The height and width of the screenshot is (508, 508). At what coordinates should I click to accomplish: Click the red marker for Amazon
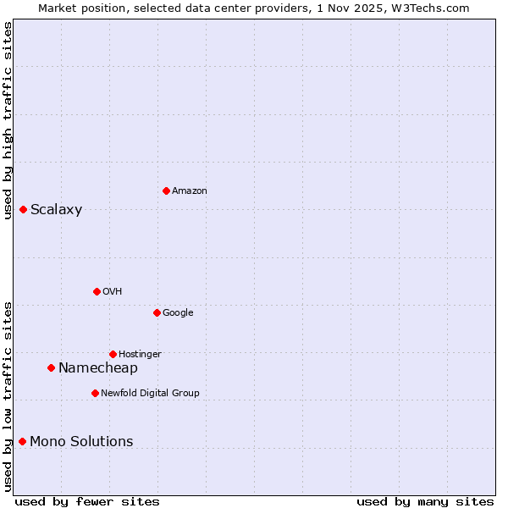(166, 190)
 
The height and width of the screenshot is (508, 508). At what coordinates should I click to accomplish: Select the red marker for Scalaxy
(23, 209)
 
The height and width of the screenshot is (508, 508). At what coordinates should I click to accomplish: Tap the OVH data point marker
(97, 291)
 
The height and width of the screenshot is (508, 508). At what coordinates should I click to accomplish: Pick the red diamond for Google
(157, 312)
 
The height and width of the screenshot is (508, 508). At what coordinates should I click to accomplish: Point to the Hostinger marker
(113, 354)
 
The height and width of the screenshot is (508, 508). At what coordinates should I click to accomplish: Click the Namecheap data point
(51, 367)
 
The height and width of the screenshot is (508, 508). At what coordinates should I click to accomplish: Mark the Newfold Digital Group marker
(95, 393)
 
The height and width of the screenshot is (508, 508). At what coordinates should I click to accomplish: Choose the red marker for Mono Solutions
(22, 441)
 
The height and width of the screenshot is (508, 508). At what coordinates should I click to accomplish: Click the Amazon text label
(190, 191)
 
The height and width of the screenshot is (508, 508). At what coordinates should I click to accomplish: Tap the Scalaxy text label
(56, 210)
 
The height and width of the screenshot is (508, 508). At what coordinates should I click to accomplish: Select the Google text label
(178, 313)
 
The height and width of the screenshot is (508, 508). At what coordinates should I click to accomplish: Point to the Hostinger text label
(140, 355)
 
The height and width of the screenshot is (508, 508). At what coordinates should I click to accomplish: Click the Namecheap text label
(97, 368)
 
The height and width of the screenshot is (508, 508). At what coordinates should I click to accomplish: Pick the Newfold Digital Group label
(150, 394)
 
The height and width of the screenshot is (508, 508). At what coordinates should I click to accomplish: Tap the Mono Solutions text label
(81, 442)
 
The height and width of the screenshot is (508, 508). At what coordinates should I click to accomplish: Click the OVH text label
(113, 292)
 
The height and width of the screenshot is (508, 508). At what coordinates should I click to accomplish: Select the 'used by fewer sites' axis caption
(87, 501)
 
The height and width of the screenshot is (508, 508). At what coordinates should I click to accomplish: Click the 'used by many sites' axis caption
(425, 501)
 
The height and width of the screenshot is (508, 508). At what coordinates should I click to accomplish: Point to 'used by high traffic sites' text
(8, 120)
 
